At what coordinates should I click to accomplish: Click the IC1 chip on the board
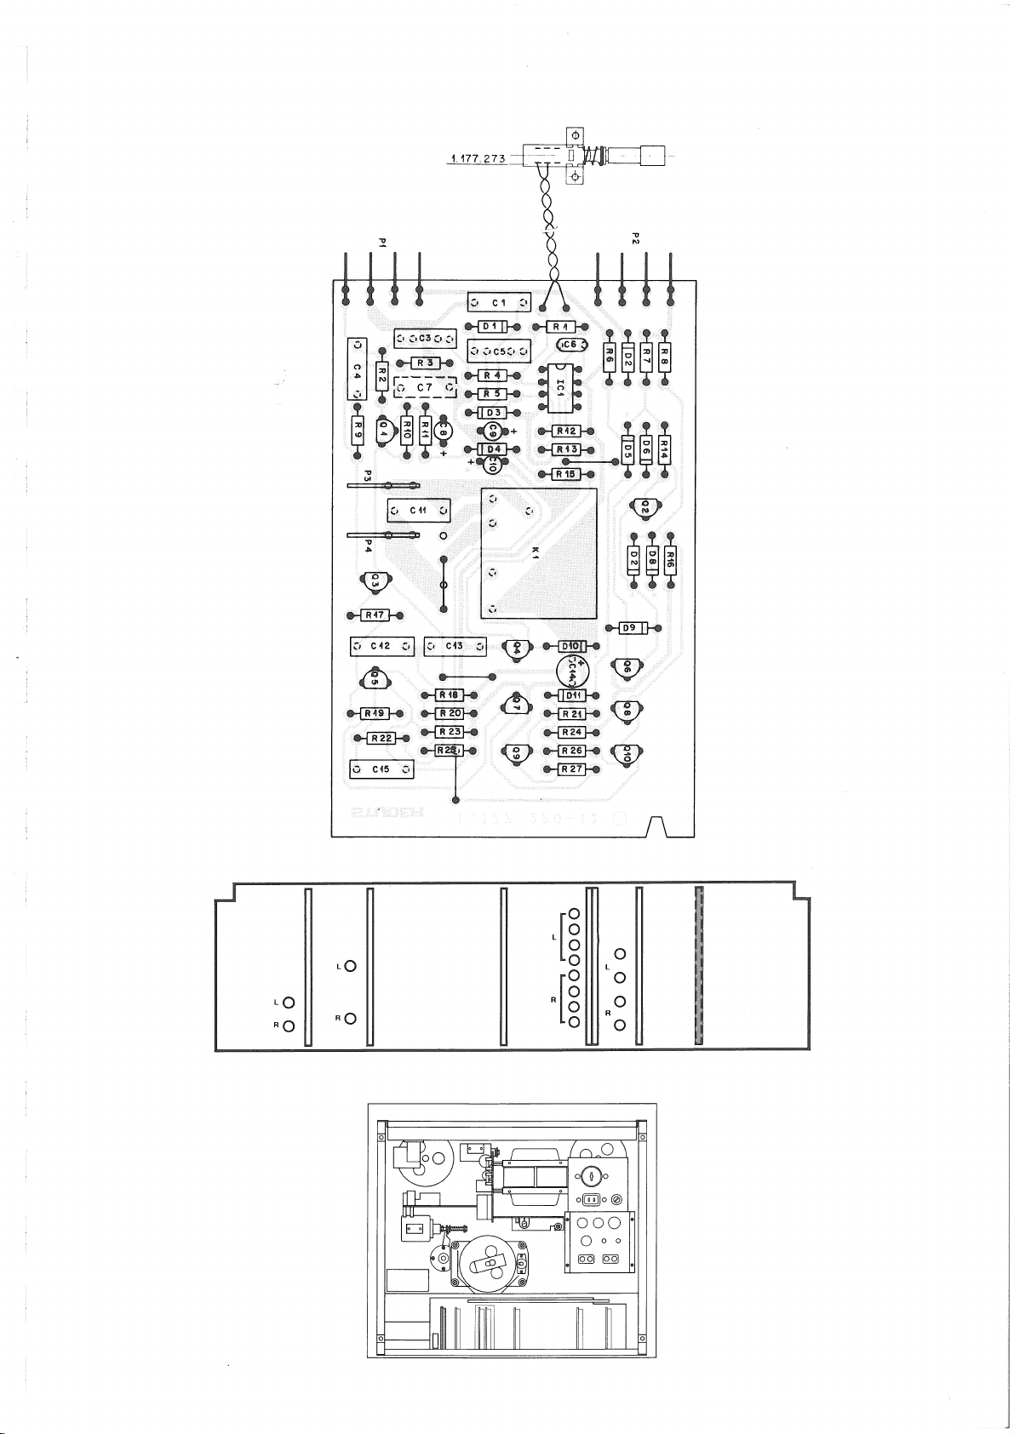[559, 386]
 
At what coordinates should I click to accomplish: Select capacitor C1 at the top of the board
[499, 303]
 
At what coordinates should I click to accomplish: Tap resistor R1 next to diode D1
[558, 326]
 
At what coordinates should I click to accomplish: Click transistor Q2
[644, 506]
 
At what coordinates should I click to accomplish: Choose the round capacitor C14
[571, 671]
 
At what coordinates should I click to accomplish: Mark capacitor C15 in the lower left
[381, 770]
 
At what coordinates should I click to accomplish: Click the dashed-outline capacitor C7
[425, 388]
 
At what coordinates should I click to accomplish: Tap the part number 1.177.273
[478, 158]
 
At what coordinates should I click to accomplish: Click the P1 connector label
[382, 244]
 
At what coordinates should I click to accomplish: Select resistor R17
[375, 615]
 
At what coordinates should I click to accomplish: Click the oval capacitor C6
[570, 344]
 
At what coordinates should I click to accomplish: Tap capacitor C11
[419, 510]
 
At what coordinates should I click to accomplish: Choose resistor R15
[564, 474]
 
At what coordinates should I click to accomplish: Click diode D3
[493, 413]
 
